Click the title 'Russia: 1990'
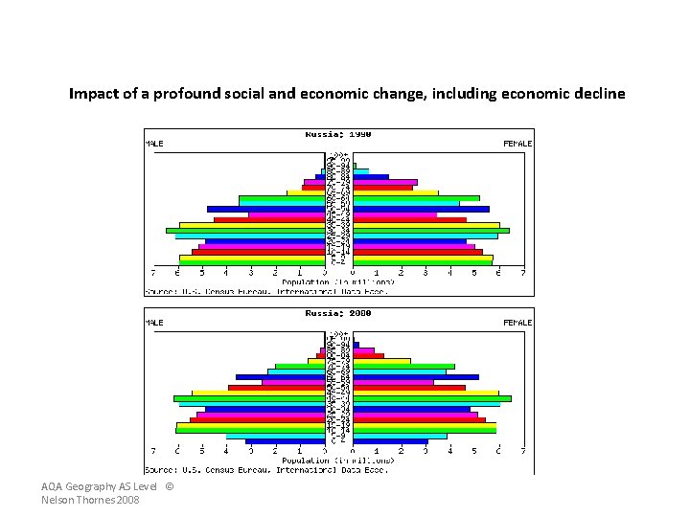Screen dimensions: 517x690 (x=338, y=134)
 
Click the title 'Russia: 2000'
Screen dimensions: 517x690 (x=338, y=313)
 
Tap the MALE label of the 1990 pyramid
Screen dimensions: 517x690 (x=154, y=144)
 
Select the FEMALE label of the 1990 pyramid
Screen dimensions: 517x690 (x=517, y=144)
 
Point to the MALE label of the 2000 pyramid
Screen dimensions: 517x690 (x=154, y=323)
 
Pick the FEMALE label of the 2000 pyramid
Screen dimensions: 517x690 (x=517, y=323)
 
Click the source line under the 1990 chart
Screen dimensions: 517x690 (x=266, y=290)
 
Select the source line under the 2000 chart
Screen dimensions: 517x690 (x=266, y=469)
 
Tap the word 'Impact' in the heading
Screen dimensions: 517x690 (x=88, y=94)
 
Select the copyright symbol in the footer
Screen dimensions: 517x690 (x=170, y=487)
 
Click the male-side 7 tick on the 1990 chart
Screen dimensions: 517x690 (x=153, y=273)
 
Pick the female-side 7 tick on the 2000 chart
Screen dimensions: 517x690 (x=523, y=451)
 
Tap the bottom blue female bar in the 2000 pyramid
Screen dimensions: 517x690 (x=391, y=441)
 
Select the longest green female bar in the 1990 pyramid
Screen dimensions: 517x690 (x=431, y=230)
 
